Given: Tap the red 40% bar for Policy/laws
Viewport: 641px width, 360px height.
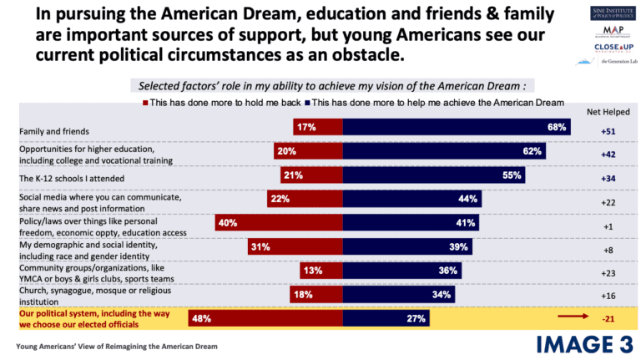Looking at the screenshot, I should coord(279,223).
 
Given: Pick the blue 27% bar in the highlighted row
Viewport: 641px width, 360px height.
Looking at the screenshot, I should coord(388,318).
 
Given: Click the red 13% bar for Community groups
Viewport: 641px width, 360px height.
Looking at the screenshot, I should coord(320,271).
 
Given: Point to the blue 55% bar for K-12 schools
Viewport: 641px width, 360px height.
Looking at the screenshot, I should coord(434,175).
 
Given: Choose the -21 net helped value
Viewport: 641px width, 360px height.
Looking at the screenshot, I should coord(609,318).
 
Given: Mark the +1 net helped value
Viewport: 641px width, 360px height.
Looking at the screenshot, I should coord(608,226).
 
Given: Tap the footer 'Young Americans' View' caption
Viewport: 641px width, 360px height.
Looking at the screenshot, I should coord(116,345).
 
